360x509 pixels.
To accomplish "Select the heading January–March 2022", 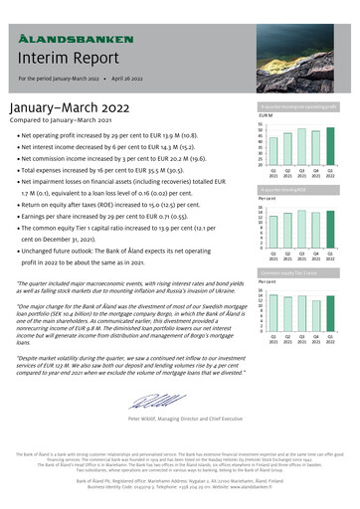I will [70, 106].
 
